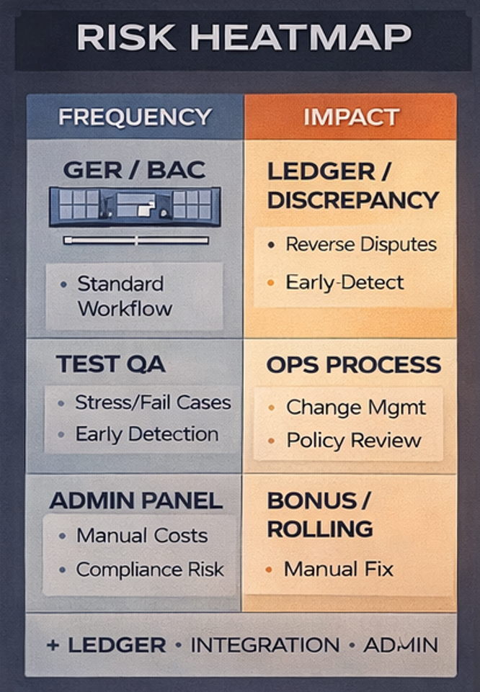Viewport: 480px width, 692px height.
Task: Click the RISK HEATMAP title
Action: point(244,37)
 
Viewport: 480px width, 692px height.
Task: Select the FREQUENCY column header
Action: point(135,117)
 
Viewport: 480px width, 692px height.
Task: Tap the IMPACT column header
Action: point(351,117)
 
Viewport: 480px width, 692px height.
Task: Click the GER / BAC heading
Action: point(135,170)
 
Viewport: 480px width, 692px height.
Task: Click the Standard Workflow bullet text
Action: point(125,296)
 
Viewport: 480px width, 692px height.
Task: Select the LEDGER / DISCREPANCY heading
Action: point(352,186)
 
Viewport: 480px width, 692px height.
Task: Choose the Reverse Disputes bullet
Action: point(360,244)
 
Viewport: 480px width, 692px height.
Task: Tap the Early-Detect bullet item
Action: point(345,282)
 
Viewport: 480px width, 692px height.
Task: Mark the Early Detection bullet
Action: point(146,434)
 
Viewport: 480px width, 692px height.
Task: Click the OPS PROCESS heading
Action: point(353,365)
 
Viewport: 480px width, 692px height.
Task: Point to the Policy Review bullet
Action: point(354,441)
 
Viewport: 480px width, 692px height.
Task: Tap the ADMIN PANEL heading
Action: point(136,500)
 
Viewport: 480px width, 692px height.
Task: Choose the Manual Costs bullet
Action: point(141,536)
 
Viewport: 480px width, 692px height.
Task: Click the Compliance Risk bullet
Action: point(150,570)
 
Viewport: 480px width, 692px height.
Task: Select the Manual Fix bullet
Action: point(338,570)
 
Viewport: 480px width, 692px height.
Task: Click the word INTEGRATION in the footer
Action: point(265,645)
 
